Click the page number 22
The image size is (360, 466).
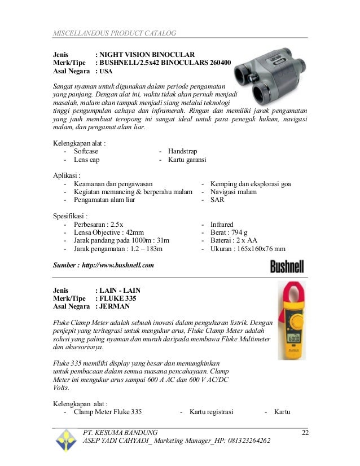305,432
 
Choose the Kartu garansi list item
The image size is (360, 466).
187,160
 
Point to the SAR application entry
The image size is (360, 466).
217,200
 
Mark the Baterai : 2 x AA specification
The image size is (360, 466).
236,240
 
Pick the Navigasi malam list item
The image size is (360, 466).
233,192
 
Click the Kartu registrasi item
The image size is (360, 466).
212,412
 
